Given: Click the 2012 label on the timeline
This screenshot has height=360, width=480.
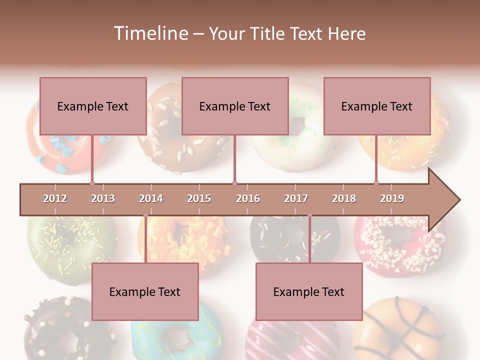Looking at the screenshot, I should tap(55, 198).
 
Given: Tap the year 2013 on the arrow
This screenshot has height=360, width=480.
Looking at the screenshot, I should tap(103, 198).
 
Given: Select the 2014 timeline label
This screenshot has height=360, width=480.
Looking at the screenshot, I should tap(151, 198).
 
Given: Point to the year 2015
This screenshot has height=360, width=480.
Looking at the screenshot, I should tap(199, 198).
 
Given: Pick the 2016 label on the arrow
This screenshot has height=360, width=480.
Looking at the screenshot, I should tap(248, 198).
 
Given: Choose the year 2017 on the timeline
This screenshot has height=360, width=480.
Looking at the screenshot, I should tap(296, 198).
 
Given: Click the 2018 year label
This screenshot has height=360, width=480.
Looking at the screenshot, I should tap(344, 198).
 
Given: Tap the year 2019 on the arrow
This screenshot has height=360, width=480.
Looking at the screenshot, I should tap(392, 198).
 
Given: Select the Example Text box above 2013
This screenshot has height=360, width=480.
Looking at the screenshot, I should tap(93, 106).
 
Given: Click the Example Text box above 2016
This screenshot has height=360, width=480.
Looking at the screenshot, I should tap(235, 106).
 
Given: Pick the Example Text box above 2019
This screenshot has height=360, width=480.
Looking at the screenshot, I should tap(377, 106).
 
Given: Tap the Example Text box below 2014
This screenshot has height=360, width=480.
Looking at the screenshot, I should tap(145, 291).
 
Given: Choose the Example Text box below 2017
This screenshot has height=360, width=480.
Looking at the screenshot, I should tap(309, 291).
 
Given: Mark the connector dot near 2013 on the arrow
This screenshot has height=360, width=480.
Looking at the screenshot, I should tap(92, 183).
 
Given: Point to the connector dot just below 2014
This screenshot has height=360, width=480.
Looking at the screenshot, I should tap(145, 215).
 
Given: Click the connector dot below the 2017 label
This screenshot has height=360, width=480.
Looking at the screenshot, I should tap(309, 215).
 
